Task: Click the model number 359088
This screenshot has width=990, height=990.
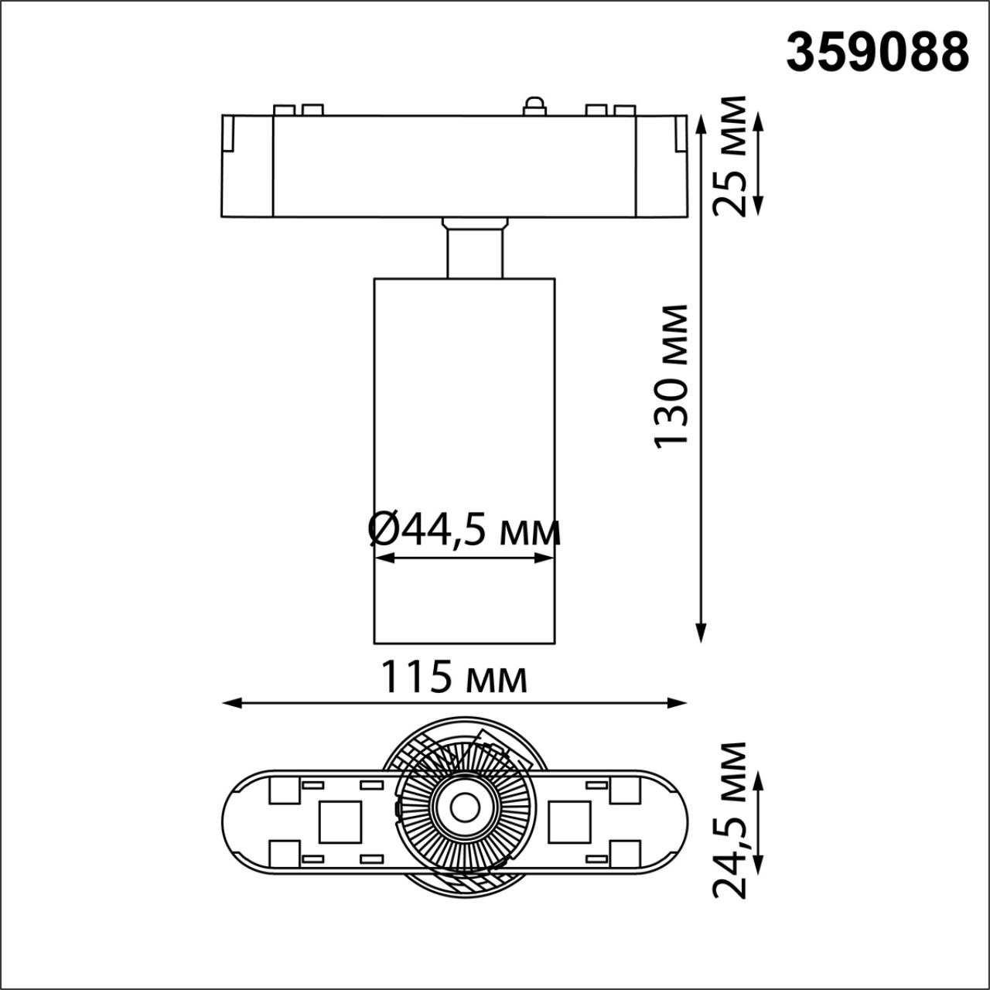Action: pos(878,53)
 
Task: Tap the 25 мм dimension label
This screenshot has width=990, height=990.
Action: pos(730,157)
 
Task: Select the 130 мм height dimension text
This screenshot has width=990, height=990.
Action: pos(671,376)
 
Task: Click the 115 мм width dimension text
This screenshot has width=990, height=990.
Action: pos(454,678)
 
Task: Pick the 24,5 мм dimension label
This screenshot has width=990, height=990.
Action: pos(730,820)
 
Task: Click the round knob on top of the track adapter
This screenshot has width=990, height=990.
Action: pos(534,105)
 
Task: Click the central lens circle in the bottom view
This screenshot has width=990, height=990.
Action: pos(464,807)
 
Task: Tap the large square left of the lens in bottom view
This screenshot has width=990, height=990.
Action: pos(340,821)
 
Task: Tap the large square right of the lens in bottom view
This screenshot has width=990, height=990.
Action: pos(570,821)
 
